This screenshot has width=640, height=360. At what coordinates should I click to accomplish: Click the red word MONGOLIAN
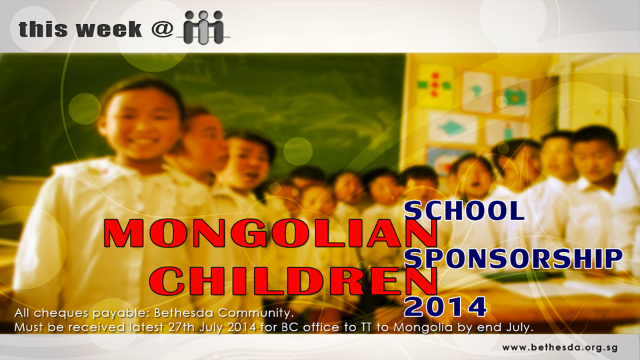(x=270, y=233)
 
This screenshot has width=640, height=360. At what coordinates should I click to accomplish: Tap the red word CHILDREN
(x=293, y=281)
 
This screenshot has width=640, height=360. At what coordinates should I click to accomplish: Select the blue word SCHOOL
(x=464, y=211)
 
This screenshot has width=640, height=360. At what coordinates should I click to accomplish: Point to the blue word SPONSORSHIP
(x=513, y=259)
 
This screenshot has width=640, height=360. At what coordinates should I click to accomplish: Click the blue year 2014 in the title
(x=445, y=307)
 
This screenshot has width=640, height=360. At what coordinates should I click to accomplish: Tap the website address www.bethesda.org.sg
(x=559, y=348)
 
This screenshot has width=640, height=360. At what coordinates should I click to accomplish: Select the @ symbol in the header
(x=162, y=30)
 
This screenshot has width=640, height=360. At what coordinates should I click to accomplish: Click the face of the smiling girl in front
(x=141, y=123)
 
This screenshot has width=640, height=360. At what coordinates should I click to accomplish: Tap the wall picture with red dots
(x=434, y=85)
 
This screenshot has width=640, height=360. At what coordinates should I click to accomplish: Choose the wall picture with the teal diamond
(x=452, y=129)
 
